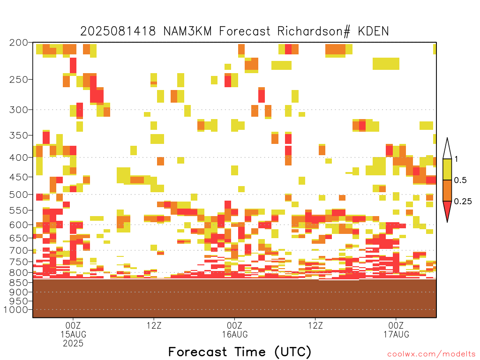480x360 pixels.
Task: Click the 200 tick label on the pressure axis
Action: pyautogui.click(x=18, y=43)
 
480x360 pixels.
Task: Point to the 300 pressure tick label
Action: pyautogui.click(x=18, y=110)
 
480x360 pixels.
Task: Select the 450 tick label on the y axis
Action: pyautogui.click(x=18, y=177)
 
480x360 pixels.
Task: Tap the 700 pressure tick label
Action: pyautogui.click(x=18, y=250)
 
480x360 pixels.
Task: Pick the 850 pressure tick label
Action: pyautogui.click(x=18, y=283)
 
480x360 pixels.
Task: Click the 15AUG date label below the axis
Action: pyautogui.click(x=73, y=334)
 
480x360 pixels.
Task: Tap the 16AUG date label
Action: pyautogui.click(x=235, y=334)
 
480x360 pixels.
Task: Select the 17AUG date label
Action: pyautogui.click(x=397, y=334)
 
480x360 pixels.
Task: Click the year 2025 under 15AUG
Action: pyautogui.click(x=73, y=344)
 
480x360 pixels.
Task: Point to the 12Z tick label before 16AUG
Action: pyautogui.click(x=154, y=325)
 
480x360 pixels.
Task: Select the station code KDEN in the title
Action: pyautogui.click(x=374, y=31)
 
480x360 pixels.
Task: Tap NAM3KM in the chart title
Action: pyautogui.click(x=187, y=31)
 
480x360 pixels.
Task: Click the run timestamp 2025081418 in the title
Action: pyautogui.click(x=118, y=31)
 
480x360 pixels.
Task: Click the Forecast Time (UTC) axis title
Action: pyautogui.click(x=240, y=352)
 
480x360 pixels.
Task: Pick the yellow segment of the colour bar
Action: pyautogui.click(x=447, y=169)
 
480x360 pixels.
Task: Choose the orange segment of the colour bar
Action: pyautogui.click(x=447, y=190)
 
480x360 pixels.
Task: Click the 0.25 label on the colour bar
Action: pyautogui.click(x=463, y=202)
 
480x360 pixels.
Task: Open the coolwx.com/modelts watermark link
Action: pyautogui.click(x=431, y=354)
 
